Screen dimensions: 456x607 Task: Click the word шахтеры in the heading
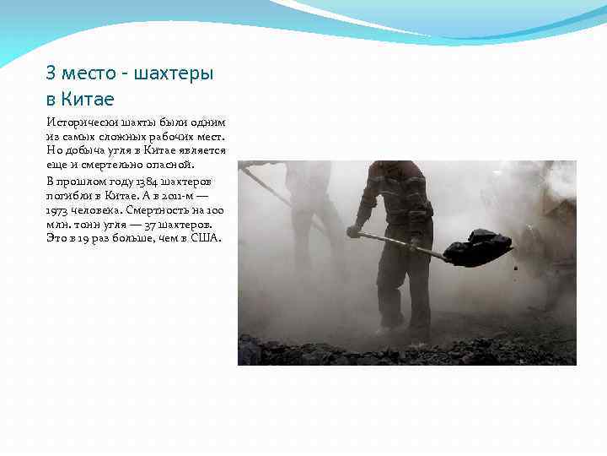175,73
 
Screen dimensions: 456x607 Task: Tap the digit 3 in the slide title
51,73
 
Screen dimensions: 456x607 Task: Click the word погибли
68,196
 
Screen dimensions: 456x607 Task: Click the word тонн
88,225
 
